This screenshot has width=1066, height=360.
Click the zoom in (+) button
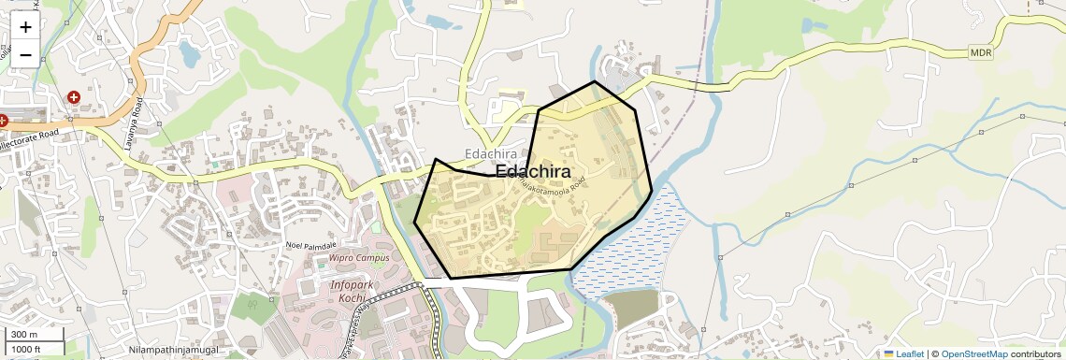(25, 27)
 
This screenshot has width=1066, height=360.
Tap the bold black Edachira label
(533, 171)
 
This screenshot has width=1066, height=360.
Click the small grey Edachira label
(491, 153)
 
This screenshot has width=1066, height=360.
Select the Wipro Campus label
(358, 257)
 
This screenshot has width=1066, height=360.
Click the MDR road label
(980, 53)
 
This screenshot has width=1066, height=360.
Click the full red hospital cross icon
(73, 97)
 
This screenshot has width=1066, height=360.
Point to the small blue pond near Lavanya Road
(190, 56)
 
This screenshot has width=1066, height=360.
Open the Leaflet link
(903, 353)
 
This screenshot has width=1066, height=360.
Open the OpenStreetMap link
(973, 353)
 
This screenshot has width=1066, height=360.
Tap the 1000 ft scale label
(25, 349)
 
